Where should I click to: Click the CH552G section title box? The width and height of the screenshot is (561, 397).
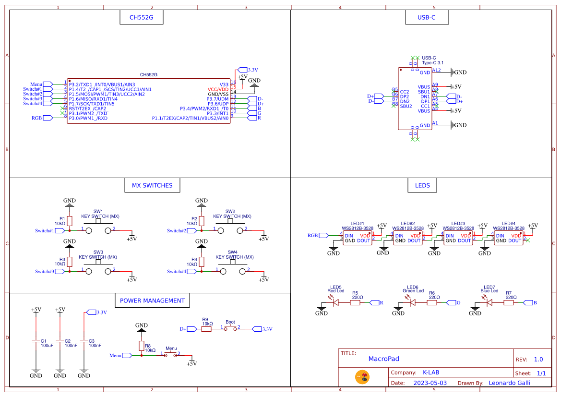(142, 18)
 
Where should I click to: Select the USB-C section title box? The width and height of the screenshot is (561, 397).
(427, 18)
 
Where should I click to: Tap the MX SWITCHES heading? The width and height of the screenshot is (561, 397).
(152, 185)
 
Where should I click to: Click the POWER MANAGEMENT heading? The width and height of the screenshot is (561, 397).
(152, 301)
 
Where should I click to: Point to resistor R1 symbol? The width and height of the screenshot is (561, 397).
(70, 221)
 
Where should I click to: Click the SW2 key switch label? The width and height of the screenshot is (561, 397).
(231, 211)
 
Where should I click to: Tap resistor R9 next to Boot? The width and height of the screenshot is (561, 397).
(207, 329)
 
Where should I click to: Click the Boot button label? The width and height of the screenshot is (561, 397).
(230, 322)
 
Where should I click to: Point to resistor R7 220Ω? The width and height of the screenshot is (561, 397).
(509, 302)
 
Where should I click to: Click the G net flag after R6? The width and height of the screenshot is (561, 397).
(452, 302)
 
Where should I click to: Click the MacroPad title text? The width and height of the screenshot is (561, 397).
(383, 359)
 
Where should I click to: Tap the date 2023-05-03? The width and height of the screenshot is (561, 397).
(430, 383)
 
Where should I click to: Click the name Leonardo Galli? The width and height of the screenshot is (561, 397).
(509, 383)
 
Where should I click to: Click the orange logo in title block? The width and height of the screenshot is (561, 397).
(362, 377)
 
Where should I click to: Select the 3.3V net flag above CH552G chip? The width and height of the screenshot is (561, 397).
(243, 70)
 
